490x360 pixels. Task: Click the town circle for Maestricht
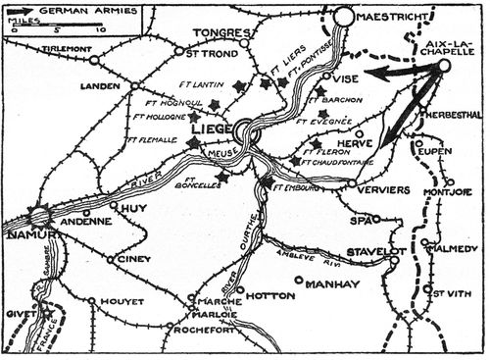click(x=344, y=17)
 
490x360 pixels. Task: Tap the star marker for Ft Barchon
click(x=320, y=91)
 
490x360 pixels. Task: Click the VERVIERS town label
click(x=380, y=189)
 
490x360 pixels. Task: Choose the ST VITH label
click(x=447, y=290)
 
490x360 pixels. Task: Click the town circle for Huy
click(x=115, y=206)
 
